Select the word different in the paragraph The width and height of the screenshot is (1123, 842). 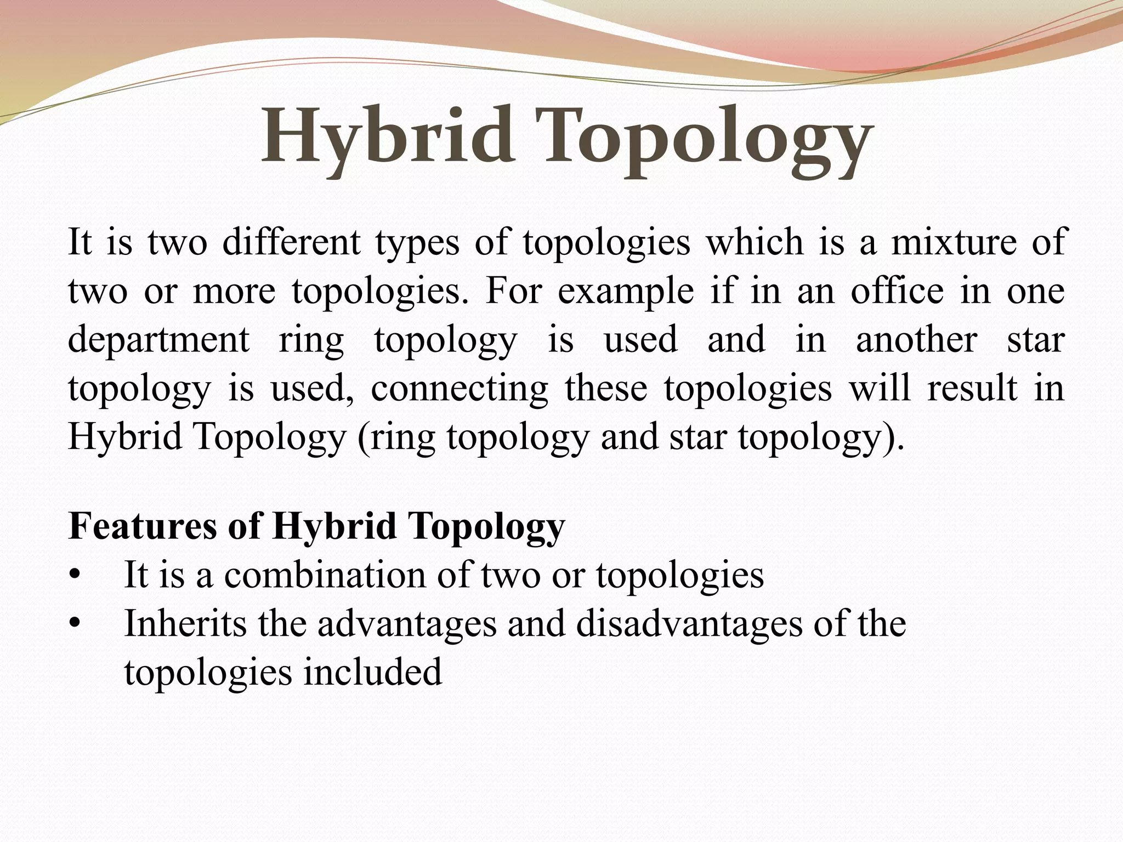(291, 242)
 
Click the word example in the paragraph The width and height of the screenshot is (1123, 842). (626, 292)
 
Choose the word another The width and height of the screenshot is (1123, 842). (916, 340)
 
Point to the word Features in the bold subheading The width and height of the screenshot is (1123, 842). (143, 526)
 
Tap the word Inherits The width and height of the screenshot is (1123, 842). (185, 624)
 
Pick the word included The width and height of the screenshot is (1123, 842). (372, 673)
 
